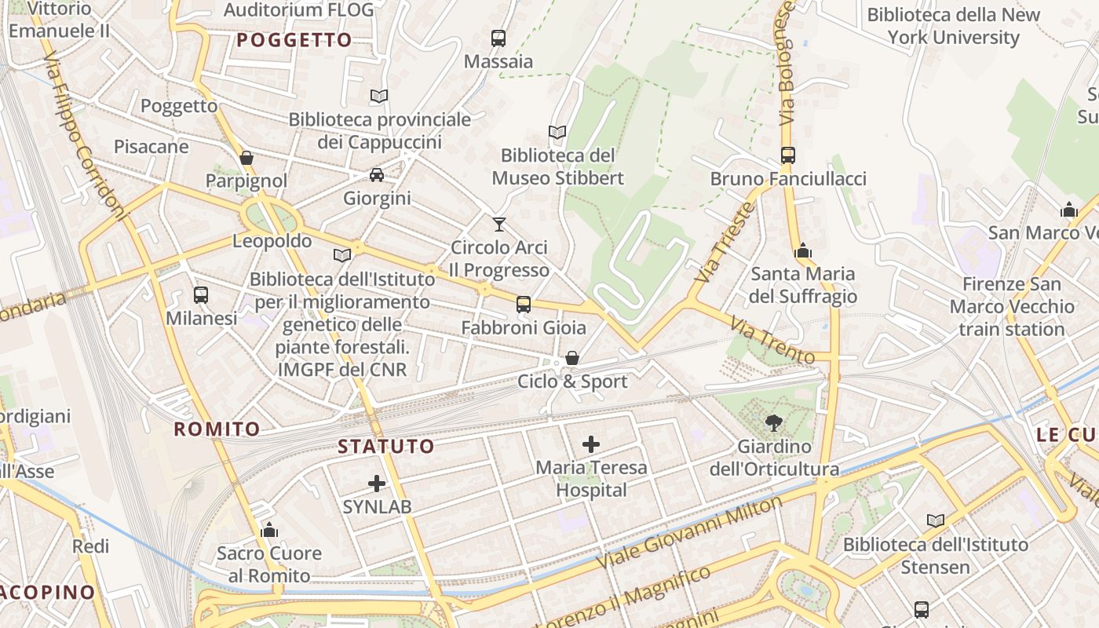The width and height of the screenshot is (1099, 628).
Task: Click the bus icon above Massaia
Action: point(498,38)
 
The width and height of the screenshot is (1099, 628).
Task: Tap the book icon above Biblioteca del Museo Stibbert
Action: point(557,132)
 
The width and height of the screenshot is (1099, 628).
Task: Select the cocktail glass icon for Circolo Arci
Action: point(498,225)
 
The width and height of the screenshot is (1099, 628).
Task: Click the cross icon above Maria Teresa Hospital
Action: point(591,444)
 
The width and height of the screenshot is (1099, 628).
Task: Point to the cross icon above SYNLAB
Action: point(377,484)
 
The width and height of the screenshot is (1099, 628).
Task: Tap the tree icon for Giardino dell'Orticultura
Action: point(774,423)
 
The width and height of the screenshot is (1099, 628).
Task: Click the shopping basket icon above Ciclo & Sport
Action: point(572,358)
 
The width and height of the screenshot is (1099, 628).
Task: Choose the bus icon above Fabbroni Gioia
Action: point(524,305)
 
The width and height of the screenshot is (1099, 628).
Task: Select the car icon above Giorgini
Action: point(377,175)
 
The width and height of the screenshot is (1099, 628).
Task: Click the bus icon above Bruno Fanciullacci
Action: point(788,155)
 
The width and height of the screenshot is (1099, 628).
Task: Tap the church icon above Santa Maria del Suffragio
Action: point(802,251)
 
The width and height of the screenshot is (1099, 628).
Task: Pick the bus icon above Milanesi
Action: point(201,295)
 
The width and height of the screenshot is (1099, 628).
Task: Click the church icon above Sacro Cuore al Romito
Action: point(269,530)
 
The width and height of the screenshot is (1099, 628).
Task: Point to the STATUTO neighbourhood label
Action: point(385,447)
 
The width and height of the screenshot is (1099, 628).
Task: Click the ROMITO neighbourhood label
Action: point(217,429)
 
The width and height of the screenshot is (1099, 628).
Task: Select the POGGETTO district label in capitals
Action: point(294,41)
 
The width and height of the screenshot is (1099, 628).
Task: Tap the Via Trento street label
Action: point(772,340)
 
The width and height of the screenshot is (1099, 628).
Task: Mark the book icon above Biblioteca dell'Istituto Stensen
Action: point(935,520)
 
